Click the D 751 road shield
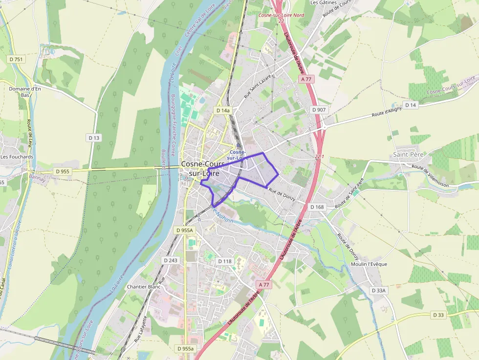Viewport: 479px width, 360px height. [x=16, y=59]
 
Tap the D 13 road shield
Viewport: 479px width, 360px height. [x=94, y=138]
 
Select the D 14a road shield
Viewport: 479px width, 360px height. [x=223, y=110]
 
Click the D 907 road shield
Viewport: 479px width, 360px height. [x=319, y=110]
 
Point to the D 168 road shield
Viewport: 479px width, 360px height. [x=317, y=207]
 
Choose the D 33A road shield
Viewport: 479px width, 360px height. [x=379, y=290]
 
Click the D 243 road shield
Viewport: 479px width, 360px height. [x=171, y=260]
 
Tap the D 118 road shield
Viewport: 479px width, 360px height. [x=224, y=261]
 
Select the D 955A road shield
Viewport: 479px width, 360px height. [x=185, y=230]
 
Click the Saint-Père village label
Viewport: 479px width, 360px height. [x=408, y=154]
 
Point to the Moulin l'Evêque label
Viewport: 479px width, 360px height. [x=369, y=264]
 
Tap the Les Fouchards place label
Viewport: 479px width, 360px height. [x=17, y=157]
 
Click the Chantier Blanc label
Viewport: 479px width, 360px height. [x=144, y=287]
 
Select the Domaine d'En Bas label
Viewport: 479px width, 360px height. [x=24, y=92]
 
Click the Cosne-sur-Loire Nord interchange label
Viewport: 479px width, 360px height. [x=281, y=15]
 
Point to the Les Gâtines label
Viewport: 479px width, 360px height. [x=324, y=2]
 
